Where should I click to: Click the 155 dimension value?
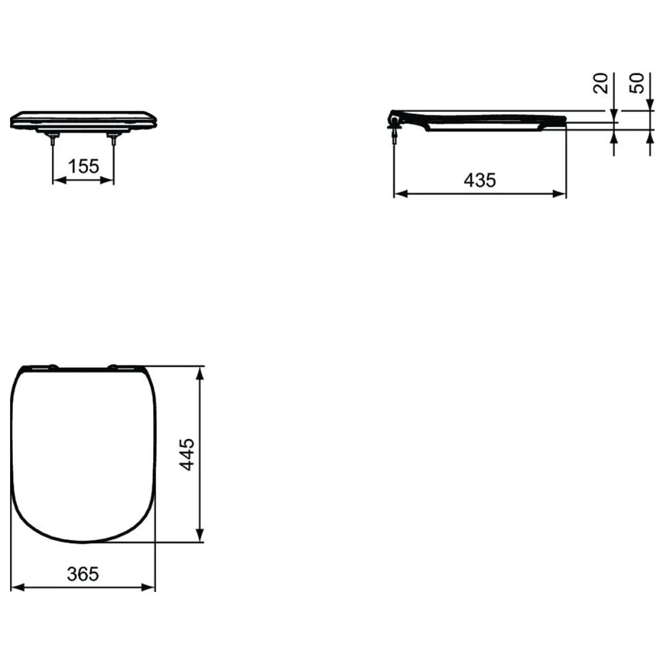pos(83,167)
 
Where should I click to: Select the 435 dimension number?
pos(480,180)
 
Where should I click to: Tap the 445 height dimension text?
pos(187,454)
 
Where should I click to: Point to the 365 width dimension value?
pos(83,574)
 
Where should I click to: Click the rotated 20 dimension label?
pos(601,83)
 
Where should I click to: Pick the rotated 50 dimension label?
pos(637,83)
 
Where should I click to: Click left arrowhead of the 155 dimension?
pos(59,180)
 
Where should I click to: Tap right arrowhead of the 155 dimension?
pos(107,180)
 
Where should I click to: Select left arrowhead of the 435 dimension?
pos(402,194)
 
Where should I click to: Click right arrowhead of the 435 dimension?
pos(559,194)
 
